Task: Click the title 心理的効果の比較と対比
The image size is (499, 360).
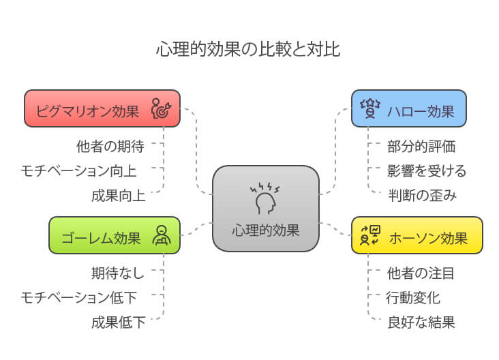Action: [248, 50]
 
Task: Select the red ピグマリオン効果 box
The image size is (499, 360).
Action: [102, 108]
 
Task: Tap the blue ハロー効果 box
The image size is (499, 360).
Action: [409, 108]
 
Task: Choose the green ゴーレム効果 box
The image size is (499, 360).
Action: [115, 236]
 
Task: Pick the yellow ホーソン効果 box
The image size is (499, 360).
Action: [417, 236]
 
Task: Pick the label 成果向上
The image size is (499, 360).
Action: [118, 196]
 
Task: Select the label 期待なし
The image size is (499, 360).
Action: [118, 273]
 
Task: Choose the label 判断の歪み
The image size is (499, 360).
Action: [421, 196]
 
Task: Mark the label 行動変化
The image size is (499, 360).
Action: [413, 297]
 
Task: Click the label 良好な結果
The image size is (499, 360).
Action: [421, 322]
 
